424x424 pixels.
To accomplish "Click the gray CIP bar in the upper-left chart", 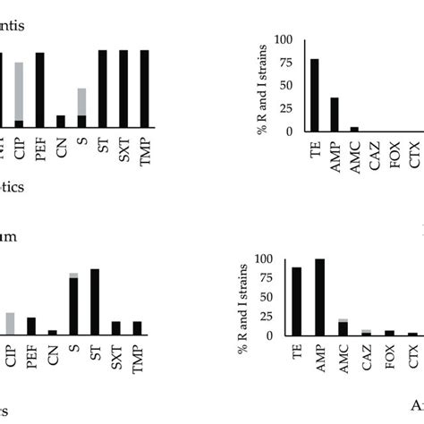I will pos(18,89).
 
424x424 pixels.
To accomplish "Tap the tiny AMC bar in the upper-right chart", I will pos(355,129).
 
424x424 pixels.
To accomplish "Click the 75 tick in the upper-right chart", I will pos(288,63).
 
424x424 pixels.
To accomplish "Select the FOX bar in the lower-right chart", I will pos(389,333).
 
